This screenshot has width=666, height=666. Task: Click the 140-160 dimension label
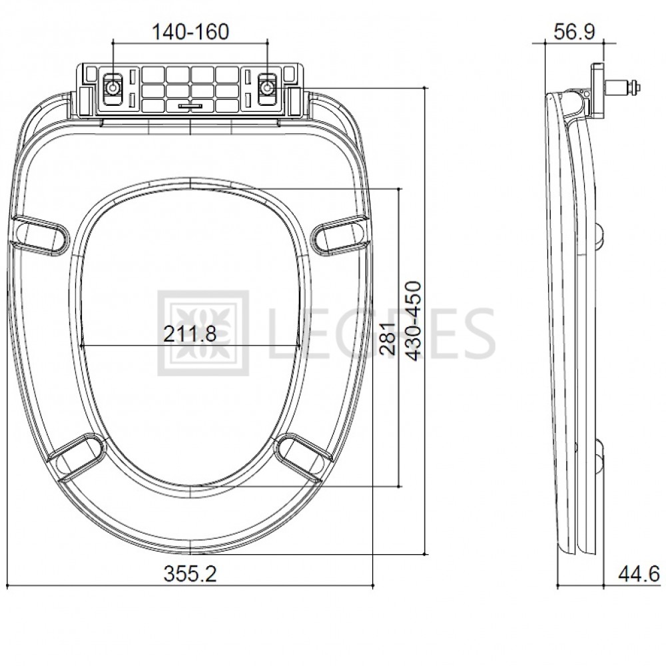[190, 32]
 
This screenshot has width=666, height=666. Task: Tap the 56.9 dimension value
[574, 32]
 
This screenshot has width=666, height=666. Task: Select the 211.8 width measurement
[190, 334]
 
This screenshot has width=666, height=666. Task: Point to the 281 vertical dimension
[388, 338]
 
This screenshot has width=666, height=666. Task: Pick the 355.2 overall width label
[190, 574]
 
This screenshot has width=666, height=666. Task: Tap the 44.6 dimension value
[639, 574]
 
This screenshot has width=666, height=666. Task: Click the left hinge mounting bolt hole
[113, 87]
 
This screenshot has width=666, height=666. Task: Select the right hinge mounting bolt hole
[268, 87]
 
